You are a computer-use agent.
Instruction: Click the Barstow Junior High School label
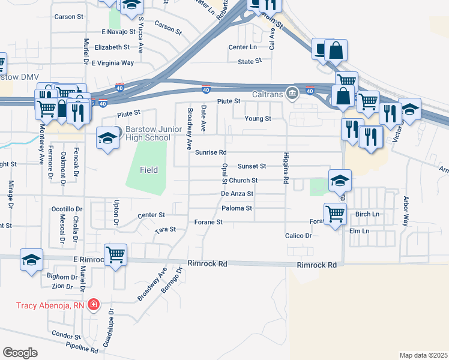click(148, 134)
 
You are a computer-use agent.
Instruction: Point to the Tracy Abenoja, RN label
click(50, 305)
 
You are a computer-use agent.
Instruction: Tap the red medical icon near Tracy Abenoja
click(94, 305)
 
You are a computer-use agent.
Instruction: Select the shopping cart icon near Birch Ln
click(335, 214)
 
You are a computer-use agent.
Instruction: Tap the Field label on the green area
click(149, 170)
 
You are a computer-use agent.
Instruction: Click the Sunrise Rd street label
click(210, 152)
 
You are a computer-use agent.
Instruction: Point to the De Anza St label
click(237, 194)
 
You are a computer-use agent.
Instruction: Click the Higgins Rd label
click(286, 172)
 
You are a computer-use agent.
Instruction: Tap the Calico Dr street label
click(298, 236)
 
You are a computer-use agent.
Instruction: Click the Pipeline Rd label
click(82, 347)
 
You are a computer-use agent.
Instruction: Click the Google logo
click(20, 353)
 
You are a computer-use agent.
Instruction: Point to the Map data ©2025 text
click(423, 355)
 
